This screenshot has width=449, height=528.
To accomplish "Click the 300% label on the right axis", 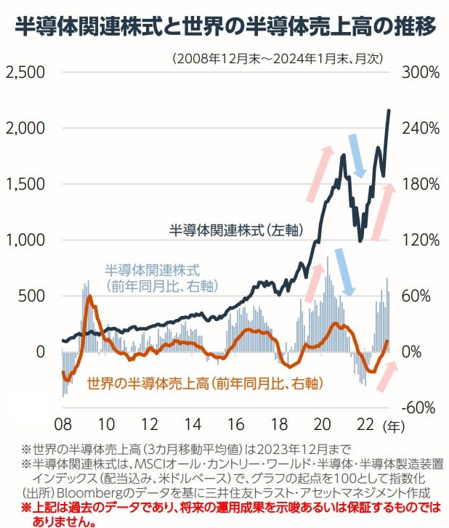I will pos(416,73).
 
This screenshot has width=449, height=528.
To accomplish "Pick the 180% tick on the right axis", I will pos(416,184).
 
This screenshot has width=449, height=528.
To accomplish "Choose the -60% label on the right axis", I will pos(416,407).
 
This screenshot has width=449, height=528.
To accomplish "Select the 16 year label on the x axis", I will pos(236,423).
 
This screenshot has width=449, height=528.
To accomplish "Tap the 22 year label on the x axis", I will pos(365,423).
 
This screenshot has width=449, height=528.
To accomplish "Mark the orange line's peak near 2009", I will pos(89,296).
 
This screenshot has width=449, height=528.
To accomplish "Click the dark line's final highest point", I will pos(389,110).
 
